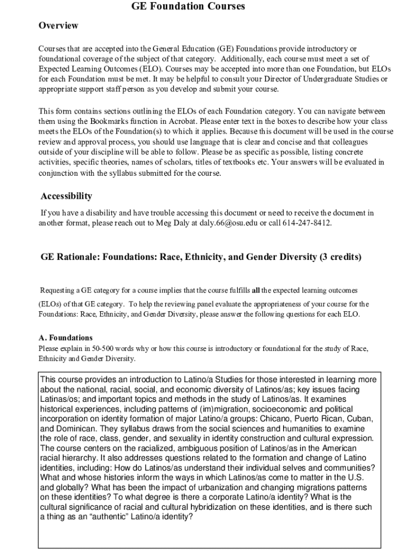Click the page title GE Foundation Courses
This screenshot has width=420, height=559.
188,7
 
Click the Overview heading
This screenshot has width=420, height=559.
58,26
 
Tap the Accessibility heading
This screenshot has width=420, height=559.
67,196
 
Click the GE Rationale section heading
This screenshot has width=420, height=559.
201,257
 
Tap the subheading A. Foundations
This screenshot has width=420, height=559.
65,338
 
